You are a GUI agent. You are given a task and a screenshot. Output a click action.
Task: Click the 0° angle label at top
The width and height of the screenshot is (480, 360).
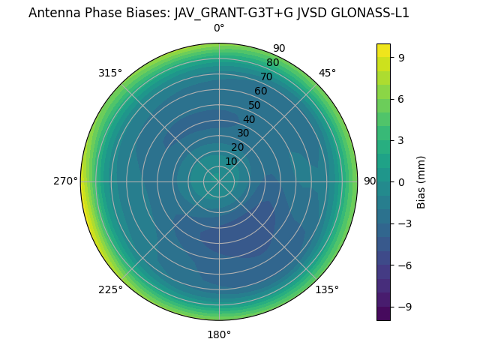[x=219, y=28]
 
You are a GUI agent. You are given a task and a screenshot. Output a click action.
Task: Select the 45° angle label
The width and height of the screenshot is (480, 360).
[x=327, y=73]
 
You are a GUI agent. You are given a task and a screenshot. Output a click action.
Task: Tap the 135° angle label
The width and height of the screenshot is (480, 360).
[x=327, y=289]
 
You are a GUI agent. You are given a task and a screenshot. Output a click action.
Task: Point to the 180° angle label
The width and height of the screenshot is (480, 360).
[x=219, y=334]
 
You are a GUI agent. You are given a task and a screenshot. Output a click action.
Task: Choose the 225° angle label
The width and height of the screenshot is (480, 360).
[x=110, y=289]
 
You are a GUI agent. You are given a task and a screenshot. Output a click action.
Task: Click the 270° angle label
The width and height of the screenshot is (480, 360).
[x=65, y=181]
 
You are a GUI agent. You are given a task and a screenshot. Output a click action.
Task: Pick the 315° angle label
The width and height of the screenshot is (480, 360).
[x=110, y=73]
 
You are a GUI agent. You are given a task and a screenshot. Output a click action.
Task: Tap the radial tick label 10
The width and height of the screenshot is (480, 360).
[x=231, y=161]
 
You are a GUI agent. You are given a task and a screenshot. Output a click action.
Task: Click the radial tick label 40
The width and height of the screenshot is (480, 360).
[x=249, y=119]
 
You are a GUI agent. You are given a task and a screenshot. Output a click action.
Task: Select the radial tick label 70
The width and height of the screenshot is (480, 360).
[x=266, y=76]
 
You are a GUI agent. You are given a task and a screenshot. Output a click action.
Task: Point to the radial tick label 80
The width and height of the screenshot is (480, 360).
[x=272, y=62]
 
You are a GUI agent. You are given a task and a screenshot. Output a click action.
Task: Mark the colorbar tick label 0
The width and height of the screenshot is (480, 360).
[x=402, y=181]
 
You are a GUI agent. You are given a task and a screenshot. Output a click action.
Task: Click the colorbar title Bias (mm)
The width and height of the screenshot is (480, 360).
[x=421, y=181]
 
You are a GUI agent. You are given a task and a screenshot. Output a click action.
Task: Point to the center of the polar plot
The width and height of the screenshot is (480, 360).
[x=219, y=181]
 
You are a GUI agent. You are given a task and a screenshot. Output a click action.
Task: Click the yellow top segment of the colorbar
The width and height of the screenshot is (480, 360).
[x=383, y=50]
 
